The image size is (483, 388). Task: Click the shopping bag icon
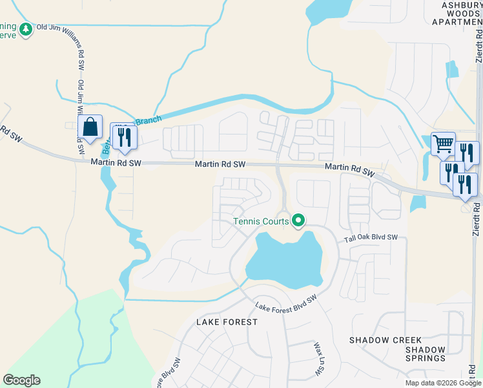pyautogui.click(x=91, y=128)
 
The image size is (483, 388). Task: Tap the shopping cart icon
pyautogui.click(x=443, y=144)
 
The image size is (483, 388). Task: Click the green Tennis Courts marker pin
pyautogui.click(x=298, y=221)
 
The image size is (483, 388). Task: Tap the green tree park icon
pyautogui.click(x=25, y=29)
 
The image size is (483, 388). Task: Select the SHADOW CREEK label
pyautogui.click(x=385, y=340)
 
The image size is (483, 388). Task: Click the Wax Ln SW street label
pyautogui.click(x=318, y=360)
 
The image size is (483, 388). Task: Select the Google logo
pyautogui.click(x=21, y=380)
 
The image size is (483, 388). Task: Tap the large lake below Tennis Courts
pyautogui.click(x=284, y=262)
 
